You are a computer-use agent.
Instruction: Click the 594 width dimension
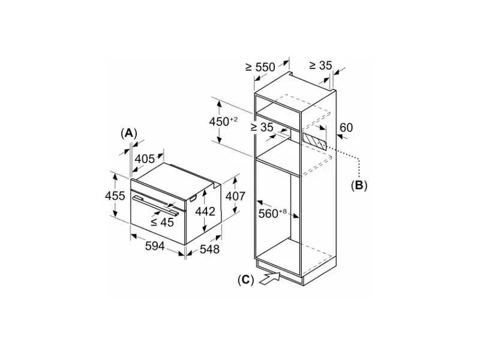click(155, 246)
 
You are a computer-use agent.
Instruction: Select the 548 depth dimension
click(209, 249)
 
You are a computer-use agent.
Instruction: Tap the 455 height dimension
click(115, 196)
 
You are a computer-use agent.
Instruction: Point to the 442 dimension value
click(205, 211)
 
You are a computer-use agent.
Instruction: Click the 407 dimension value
click(235, 196)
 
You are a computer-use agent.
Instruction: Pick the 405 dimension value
click(145, 159)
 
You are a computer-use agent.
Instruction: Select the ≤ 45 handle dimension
click(162, 222)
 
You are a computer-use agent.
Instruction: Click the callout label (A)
click(129, 133)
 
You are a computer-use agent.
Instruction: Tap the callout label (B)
click(359, 185)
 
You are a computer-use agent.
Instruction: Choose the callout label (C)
click(246, 280)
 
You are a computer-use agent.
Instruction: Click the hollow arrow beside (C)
click(269, 278)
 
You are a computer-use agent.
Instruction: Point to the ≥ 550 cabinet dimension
click(260, 67)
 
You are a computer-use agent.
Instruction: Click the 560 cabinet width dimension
click(272, 214)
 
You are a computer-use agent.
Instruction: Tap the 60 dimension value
click(346, 127)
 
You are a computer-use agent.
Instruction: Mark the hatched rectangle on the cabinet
click(314, 141)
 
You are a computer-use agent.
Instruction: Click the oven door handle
click(155, 206)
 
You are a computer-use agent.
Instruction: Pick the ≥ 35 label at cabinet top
click(320, 65)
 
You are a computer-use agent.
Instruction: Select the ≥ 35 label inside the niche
click(262, 127)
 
